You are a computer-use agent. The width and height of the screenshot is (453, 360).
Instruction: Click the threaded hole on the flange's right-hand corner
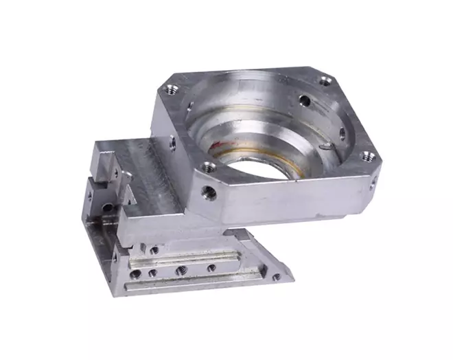point(367,157)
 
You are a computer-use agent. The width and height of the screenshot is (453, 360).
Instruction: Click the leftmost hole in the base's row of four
point(136,273)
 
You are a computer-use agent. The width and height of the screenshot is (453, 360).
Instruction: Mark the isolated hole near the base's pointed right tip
point(276,278)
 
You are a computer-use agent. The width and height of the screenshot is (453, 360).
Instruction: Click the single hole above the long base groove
point(154,251)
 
